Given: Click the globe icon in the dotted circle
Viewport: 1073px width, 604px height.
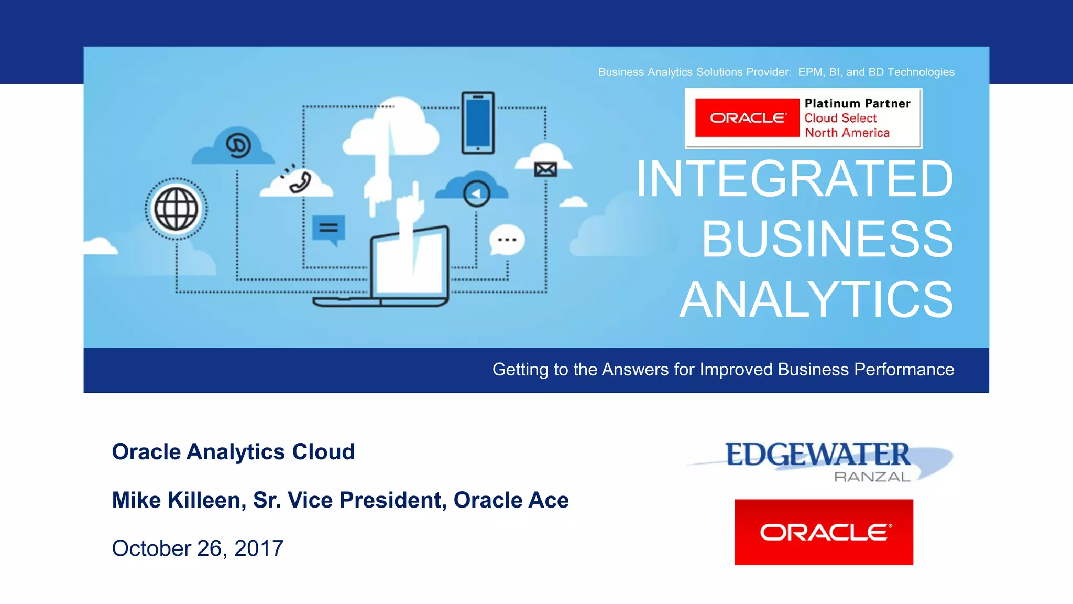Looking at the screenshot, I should tap(176, 209).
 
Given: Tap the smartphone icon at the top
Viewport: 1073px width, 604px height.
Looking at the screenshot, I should tap(478, 123).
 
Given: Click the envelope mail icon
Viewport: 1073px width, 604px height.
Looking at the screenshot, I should tap(545, 169).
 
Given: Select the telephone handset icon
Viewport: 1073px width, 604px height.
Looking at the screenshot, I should tap(300, 181).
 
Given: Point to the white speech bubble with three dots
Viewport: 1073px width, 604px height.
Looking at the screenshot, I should tap(507, 240).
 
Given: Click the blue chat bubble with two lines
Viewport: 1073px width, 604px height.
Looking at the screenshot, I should tap(329, 228).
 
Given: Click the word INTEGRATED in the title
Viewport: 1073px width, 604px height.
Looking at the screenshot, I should tap(794, 179).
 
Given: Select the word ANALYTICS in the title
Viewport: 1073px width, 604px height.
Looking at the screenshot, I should tap(816, 299).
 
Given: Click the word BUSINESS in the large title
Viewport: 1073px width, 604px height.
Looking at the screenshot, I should tap(827, 239).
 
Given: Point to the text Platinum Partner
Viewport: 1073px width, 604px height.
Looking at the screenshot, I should tap(857, 104).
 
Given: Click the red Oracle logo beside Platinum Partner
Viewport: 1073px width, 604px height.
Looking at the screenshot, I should tap(747, 118).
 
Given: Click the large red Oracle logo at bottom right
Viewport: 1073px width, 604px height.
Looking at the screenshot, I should tap(824, 532).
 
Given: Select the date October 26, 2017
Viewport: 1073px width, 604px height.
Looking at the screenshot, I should tap(198, 548).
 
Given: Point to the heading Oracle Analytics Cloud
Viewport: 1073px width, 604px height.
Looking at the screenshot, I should tap(233, 452).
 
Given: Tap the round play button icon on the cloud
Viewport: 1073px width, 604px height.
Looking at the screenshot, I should tap(476, 194).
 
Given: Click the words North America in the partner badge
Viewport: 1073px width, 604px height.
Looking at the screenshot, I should tap(847, 133).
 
